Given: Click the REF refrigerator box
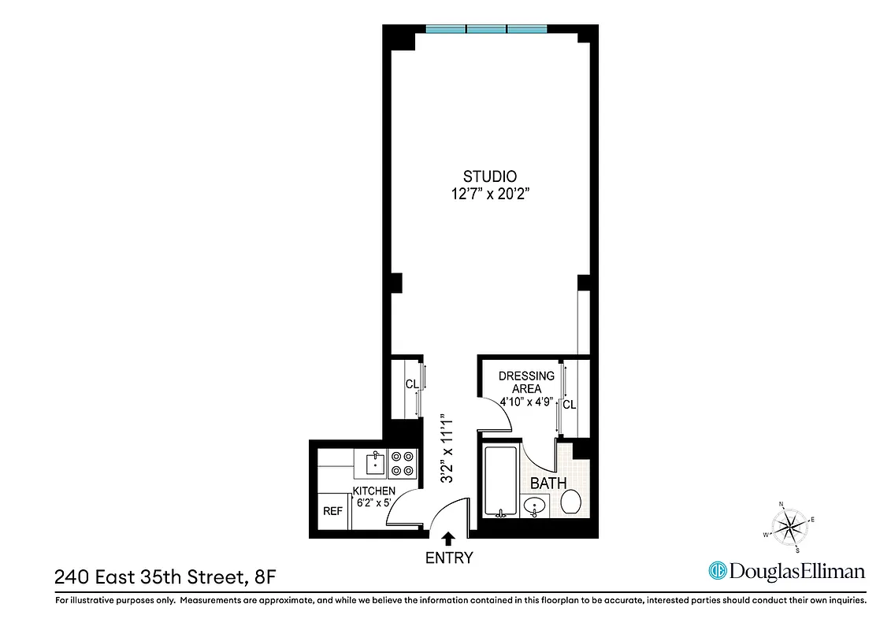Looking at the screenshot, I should tap(332, 511).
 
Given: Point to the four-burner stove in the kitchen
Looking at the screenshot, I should tap(403, 463).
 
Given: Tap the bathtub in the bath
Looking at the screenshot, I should tap(499, 480).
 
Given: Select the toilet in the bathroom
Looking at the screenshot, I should tap(571, 501).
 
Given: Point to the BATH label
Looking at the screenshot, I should tap(548, 483).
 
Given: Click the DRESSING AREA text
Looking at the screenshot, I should tap(526, 382).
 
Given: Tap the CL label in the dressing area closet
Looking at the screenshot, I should tap(570, 405).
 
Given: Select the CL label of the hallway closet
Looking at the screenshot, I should tap(411, 384).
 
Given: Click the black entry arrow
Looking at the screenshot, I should tap(448, 539).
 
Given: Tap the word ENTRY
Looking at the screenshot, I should tap(448, 558).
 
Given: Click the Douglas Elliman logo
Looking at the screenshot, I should tap(787, 571).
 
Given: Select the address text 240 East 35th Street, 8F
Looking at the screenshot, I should tap(165, 578).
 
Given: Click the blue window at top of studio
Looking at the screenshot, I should tap(486, 29).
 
